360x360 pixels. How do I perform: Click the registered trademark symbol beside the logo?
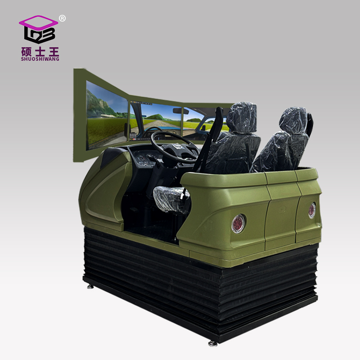coord(62,18)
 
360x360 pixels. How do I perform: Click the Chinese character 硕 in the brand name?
coord(27,52)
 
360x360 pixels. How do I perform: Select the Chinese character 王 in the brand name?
coord(54,52)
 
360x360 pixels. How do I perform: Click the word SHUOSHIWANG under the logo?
coord(40,59)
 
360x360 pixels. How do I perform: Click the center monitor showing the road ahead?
coord(156,121)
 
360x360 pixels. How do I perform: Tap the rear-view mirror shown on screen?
coord(180,111)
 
